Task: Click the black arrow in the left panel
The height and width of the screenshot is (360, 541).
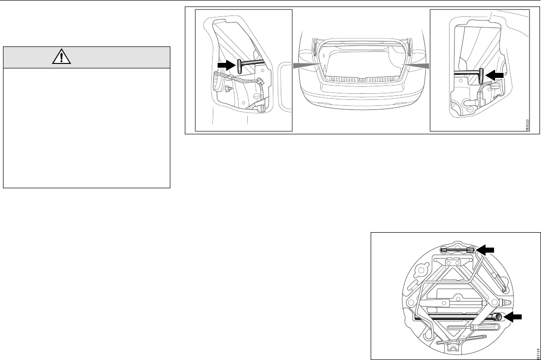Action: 226,65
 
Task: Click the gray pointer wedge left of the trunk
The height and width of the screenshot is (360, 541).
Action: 305,65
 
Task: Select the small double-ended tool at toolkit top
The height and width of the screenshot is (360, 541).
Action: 458,250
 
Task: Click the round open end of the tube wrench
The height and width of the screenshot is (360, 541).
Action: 498,317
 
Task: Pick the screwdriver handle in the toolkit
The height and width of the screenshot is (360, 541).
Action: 485,329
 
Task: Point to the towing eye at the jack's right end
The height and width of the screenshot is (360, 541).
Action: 502,303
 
